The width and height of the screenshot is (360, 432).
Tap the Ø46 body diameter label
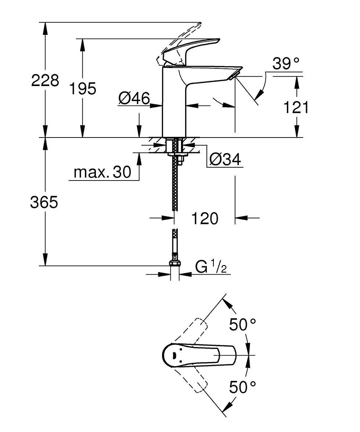(134, 98)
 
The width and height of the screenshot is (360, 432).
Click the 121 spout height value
(296, 107)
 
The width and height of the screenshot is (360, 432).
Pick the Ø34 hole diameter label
(225, 160)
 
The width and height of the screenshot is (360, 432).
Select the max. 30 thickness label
(102, 172)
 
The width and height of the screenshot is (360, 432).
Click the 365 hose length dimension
(44, 202)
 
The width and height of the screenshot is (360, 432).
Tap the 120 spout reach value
(205, 218)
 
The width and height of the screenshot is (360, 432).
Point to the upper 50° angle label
(242, 325)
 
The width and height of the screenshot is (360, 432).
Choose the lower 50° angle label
(242, 387)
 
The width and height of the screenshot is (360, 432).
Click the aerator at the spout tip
(234, 75)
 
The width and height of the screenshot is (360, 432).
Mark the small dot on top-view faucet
(174, 356)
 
